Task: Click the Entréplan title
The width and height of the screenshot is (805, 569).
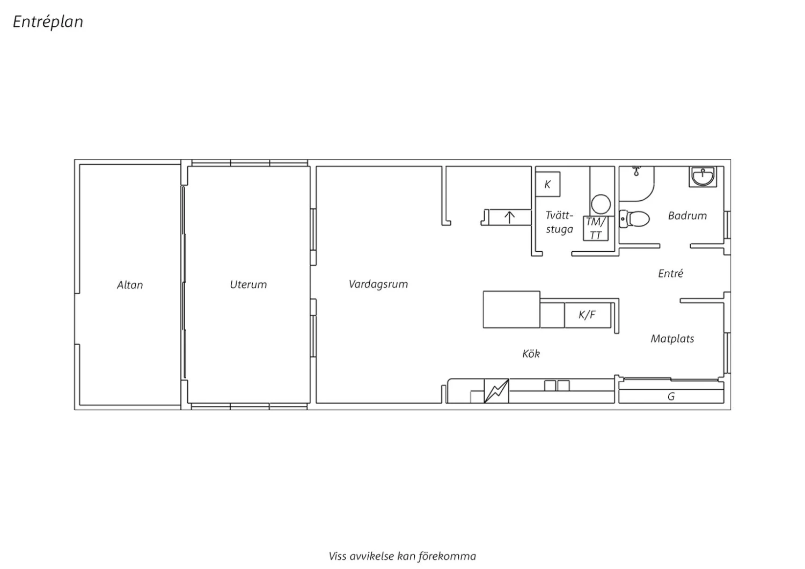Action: coord(48,22)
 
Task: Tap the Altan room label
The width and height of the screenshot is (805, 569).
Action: coord(130,285)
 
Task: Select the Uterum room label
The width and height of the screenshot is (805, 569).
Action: coord(248,284)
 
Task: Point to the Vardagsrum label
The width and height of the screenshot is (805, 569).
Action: coord(378,284)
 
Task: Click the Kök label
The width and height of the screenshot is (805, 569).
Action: coord(531,354)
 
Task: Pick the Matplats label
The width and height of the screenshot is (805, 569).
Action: coord(672,339)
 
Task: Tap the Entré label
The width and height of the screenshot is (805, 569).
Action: coord(670,274)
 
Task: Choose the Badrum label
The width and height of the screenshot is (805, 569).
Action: coord(687,216)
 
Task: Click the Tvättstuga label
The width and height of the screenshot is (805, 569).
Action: coord(559,222)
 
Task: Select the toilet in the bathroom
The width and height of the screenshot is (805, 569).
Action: coord(634,218)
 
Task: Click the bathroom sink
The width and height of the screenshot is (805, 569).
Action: coord(702,177)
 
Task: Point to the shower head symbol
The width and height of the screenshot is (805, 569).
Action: coord(636,171)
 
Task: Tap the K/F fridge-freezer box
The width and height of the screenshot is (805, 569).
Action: coord(588,315)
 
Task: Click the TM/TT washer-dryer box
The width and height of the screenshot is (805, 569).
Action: coord(596,228)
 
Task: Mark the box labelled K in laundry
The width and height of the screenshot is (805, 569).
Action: coord(548,185)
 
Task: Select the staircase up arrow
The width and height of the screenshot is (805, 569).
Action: coord(509,217)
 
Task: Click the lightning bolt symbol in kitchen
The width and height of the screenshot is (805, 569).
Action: coord(496,391)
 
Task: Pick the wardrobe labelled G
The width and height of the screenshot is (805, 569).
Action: coord(671,396)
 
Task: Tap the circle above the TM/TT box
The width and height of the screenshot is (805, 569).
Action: coord(601,204)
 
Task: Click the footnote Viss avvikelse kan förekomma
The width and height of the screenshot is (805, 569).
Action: coord(402,556)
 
